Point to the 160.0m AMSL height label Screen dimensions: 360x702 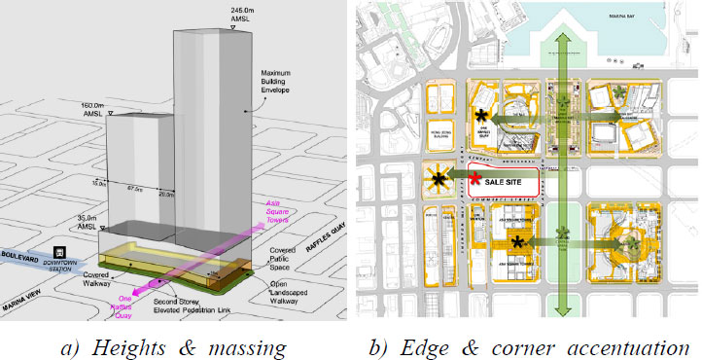(123, 110)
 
